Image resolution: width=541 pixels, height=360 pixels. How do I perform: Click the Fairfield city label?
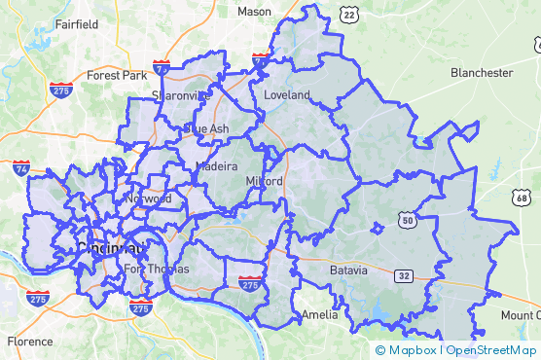tap(77, 24)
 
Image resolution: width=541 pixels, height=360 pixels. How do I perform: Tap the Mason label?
tap(255, 12)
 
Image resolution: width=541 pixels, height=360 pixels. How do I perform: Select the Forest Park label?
tap(116, 75)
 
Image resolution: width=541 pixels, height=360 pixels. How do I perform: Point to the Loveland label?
tap(286, 95)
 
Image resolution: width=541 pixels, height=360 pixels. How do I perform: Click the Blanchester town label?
tap(481, 73)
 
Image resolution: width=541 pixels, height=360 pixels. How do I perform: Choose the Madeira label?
tap(216, 166)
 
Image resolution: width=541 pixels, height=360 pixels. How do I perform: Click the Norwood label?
tap(148, 199)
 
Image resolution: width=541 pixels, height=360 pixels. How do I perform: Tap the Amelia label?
tap(319, 315)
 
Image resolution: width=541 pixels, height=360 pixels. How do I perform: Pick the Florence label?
tap(30, 342)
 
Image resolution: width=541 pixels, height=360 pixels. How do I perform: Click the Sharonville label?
tap(180, 95)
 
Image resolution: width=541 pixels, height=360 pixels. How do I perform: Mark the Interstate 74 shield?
tap(21, 168)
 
